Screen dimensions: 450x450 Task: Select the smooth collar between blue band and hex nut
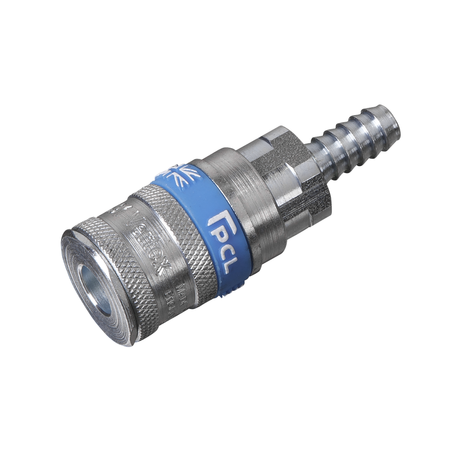pyautogui.click(x=237, y=185)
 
